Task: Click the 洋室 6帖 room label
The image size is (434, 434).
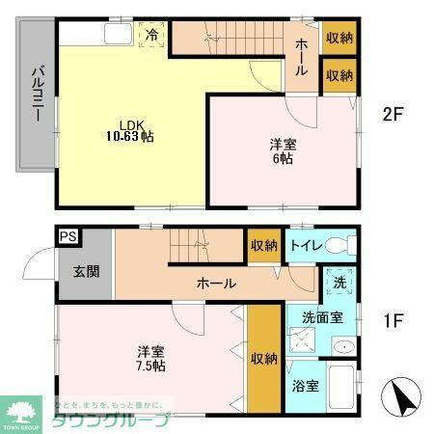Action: point(284,152)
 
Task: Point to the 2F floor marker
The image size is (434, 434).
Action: point(392,114)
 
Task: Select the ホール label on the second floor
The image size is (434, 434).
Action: point(303,56)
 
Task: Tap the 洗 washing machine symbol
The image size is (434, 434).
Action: point(340,285)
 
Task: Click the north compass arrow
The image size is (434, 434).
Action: point(404,395)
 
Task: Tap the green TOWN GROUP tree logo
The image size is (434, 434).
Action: point(20,408)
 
